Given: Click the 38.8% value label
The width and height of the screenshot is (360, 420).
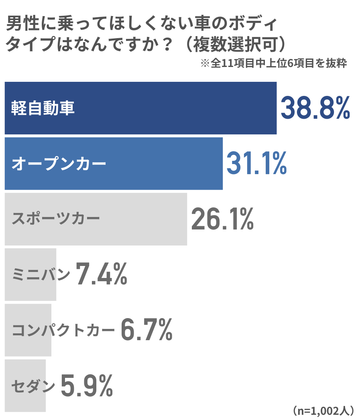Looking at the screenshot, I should [315, 108].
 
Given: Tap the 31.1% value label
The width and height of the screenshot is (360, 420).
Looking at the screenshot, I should [256, 163].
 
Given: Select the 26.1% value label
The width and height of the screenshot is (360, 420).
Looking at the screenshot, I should [222, 219].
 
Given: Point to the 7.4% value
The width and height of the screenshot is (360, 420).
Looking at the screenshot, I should [102, 274].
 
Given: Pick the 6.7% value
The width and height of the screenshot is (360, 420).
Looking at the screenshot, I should [146, 330].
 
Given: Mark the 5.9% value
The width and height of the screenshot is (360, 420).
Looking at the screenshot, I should [87, 385].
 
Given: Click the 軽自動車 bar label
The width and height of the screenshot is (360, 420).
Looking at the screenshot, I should [43, 108].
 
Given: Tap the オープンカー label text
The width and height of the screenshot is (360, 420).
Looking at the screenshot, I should [59, 164].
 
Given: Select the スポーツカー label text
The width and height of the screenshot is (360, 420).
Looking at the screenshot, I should [56, 219].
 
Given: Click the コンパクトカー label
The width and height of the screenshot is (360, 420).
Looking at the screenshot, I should [63, 330].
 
